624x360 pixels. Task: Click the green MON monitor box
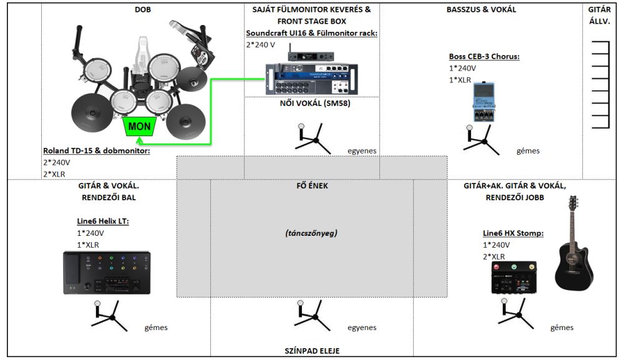tap(138, 127)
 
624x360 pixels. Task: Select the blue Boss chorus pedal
tap(483, 102)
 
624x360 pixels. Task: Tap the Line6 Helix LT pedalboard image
tap(107, 273)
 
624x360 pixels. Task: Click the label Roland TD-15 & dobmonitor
tap(97, 150)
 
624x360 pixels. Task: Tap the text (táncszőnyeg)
tap(311, 233)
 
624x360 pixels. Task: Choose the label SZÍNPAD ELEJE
tap(311, 351)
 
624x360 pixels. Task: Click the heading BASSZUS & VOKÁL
tap(481, 9)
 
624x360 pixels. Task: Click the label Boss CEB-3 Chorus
tap(484, 56)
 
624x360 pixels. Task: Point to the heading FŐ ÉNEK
tap(311, 185)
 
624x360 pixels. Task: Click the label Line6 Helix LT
tap(102, 221)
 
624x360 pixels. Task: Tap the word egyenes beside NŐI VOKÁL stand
tap(362, 151)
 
